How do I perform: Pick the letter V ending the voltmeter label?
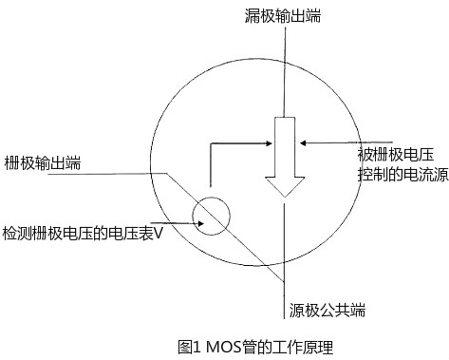point(159,232)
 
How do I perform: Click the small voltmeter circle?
point(210,217)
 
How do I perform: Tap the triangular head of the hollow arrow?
point(286,186)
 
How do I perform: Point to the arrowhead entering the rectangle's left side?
point(269,144)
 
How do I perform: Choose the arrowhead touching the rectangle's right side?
point(302,144)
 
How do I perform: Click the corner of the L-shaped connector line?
point(210,145)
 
